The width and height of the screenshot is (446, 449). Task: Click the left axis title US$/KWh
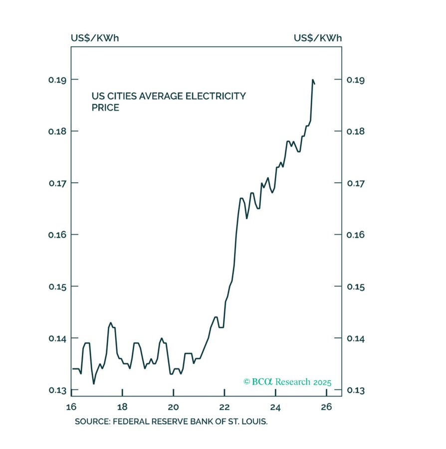95,38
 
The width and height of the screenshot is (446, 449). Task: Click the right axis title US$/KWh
317,38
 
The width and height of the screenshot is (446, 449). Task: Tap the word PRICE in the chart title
105,107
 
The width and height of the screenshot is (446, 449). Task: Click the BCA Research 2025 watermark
287,382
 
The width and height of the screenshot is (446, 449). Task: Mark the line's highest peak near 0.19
313,80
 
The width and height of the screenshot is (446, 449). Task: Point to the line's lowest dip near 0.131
93,383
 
